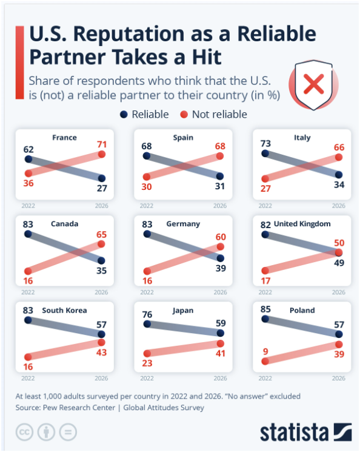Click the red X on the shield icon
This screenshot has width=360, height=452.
coord(313,84)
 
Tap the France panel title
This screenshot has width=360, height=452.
coord(64,138)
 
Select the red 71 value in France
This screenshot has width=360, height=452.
coord(102,144)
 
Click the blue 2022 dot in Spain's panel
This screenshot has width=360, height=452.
coord(147,156)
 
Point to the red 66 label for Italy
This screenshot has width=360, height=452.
coord(339,147)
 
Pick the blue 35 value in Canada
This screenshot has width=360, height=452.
coord(101,271)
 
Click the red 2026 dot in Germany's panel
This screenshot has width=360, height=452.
coord(221,247)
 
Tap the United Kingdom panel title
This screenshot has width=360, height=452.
coord(302,224)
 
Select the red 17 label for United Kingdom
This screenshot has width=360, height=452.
coord(265,281)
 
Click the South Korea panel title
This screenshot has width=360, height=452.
coord(64,311)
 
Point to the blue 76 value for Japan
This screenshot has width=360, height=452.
coord(147,314)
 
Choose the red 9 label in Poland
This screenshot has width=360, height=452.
coord(265,351)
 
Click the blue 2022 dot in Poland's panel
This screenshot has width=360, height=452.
coord(265,319)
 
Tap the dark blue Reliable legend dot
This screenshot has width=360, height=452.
coord(124,115)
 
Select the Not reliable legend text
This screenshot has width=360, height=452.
coord(219,115)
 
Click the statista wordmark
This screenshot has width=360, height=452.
coord(294,432)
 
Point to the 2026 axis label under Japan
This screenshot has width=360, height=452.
coord(221,378)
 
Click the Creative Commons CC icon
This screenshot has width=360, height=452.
coord(24,432)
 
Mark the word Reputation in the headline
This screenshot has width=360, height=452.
coord(128,34)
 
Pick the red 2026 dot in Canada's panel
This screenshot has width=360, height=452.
coord(101,244)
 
